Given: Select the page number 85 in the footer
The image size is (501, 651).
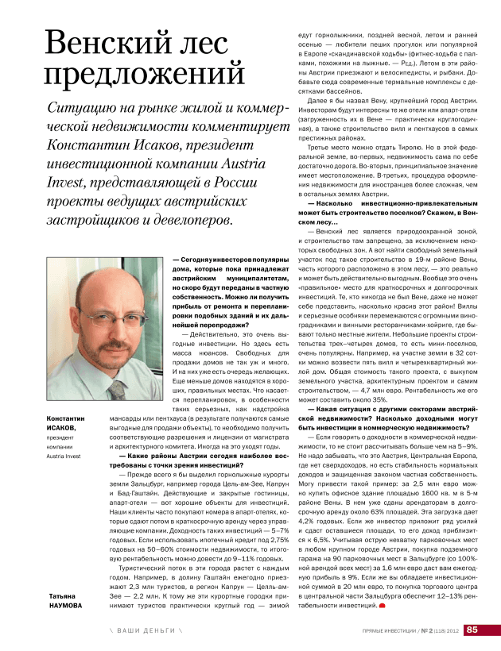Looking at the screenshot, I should pyautogui.click(x=472, y=630).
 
